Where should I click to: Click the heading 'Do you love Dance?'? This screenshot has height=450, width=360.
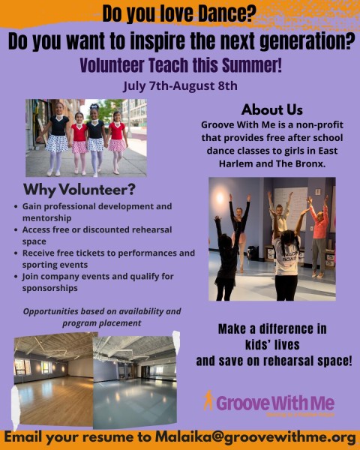click(180, 13)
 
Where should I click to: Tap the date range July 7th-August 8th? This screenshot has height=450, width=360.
click(180, 84)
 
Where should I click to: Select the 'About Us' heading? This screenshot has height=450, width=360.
click(272, 109)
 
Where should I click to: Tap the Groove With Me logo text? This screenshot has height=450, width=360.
click(274, 403)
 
